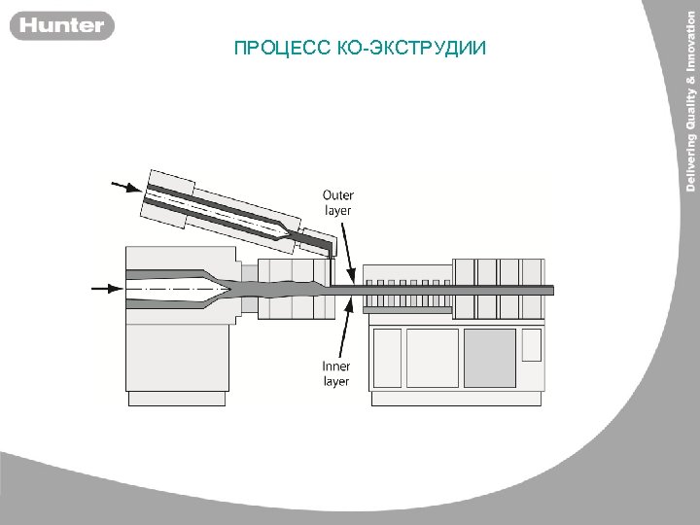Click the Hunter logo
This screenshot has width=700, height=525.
click(x=62, y=25)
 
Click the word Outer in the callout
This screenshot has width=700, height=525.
click(x=337, y=195)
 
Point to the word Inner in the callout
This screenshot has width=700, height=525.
click(x=336, y=367)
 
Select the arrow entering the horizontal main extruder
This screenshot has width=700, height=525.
click(x=105, y=288)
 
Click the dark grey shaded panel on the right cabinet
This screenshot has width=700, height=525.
click(x=489, y=358)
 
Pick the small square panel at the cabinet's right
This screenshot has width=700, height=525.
click(x=532, y=344)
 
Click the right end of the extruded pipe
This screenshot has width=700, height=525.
click(x=550, y=290)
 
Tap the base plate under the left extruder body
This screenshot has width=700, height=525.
click(x=177, y=399)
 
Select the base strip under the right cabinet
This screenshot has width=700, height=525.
click(x=456, y=399)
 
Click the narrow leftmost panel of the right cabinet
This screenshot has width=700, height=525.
click(x=387, y=358)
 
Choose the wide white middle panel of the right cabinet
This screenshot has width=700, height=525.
click(x=432, y=358)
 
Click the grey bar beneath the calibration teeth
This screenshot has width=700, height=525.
click(x=407, y=309)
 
